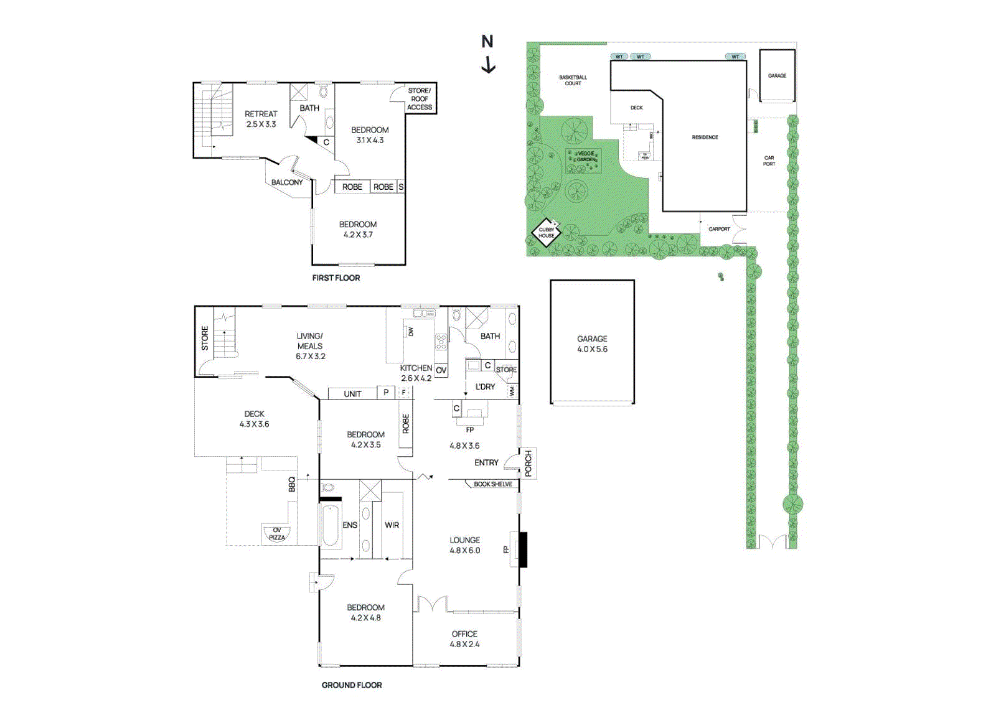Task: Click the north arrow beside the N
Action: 489,65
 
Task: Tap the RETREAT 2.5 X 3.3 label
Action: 261,119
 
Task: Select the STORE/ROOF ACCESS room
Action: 420,99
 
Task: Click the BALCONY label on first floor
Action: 287,182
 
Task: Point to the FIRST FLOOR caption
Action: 336,278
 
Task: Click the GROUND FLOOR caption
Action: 352,685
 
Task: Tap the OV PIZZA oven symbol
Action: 277,534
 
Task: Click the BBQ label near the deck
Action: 292,484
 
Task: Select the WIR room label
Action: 392,525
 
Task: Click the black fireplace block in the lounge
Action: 524,549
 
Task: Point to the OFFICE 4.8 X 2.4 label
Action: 465,639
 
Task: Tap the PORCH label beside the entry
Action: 529,464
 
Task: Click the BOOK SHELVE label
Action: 493,484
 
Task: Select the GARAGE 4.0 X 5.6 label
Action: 592,344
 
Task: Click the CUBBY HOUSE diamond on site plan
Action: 547,233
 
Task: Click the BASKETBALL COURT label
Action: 573,80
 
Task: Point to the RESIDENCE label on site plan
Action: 705,137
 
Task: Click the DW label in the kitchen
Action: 411,332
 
